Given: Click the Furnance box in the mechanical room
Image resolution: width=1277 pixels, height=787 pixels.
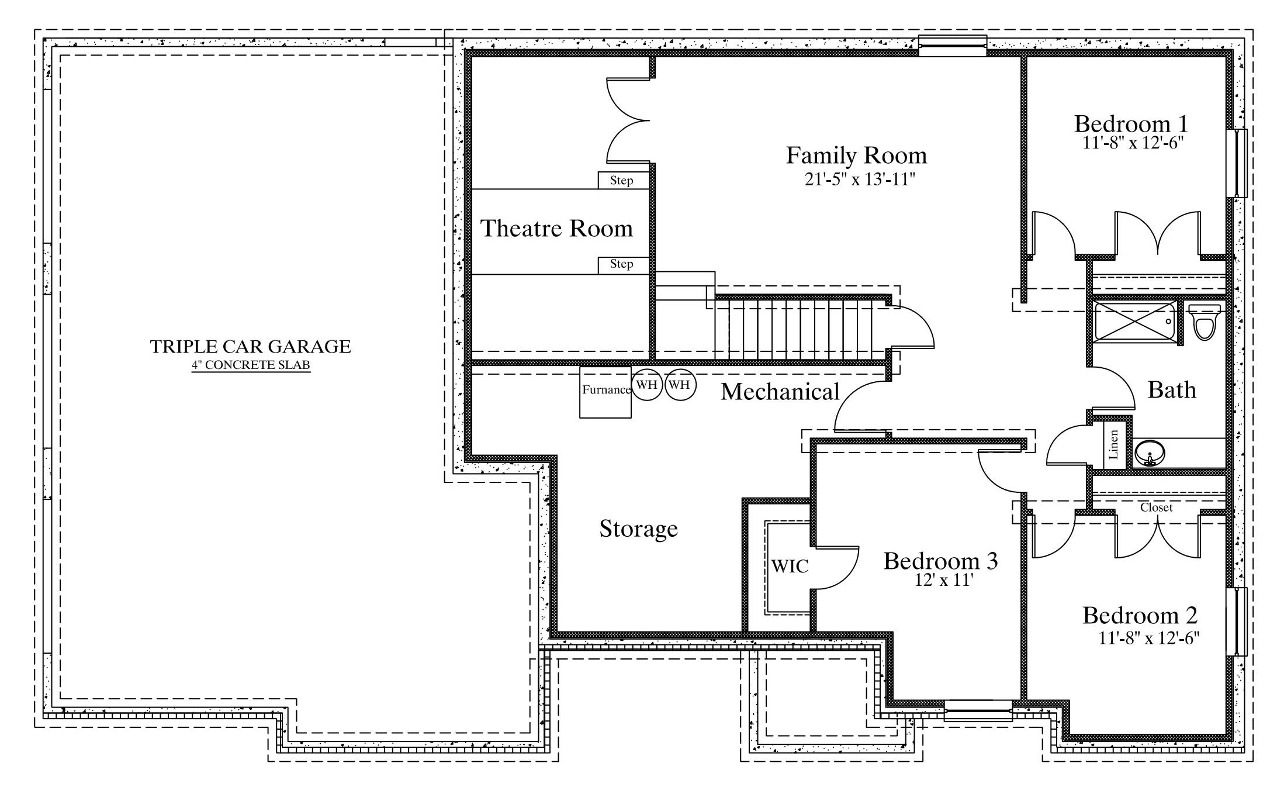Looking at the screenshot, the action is point(605,392).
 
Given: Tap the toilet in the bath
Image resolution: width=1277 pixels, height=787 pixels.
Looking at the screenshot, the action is point(1205,322).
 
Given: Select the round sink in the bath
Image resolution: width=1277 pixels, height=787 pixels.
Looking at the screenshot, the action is point(1150,453).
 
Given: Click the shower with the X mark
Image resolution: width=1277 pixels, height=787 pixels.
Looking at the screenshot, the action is point(1135,322).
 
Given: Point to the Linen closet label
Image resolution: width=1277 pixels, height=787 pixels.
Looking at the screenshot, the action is point(1113,445).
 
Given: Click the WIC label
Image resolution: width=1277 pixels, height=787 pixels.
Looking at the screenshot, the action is point(790,566).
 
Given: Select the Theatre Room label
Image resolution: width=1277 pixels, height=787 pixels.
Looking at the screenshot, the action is point(556,228).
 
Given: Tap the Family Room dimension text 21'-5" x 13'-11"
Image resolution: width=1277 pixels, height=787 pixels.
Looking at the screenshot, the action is point(859,179).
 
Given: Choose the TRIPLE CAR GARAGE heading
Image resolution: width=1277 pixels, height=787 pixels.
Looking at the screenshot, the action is point(251,347).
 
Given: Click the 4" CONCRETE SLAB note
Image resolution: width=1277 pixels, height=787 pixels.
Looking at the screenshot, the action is point(251,365).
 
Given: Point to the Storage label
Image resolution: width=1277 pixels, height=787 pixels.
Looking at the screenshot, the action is point(638,529).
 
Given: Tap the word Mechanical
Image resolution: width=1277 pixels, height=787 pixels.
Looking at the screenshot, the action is point(780,392).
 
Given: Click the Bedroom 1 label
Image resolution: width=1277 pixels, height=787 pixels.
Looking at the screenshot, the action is point(1131,124).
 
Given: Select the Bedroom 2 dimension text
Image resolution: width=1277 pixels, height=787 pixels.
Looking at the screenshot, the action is point(1149,638).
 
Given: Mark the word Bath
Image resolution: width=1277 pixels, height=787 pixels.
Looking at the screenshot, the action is point(1172,389).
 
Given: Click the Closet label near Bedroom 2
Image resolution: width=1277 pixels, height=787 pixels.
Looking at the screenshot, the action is point(1156,508).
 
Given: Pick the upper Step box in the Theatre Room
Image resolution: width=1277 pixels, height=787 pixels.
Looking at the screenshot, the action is point(623,180).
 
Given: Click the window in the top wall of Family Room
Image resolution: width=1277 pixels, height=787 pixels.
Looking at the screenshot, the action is point(953,46).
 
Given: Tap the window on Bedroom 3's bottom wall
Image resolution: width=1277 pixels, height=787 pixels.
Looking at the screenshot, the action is point(978,711).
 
